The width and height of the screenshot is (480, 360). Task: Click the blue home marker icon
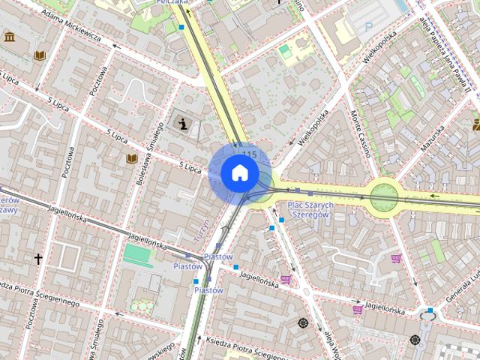click(x=239, y=172)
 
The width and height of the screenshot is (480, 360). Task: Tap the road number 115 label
click(x=250, y=154)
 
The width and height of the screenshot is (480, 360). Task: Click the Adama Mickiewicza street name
click(x=72, y=25)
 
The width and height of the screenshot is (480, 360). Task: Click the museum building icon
click(x=10, y=37)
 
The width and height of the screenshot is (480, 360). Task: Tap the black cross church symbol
click(x=38, y=259)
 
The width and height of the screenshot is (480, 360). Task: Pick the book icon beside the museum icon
click(x=40, y=55)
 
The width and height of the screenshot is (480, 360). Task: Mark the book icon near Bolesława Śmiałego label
click(x=132, y=158)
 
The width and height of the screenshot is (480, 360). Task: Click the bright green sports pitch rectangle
click(x=138, y=254)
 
